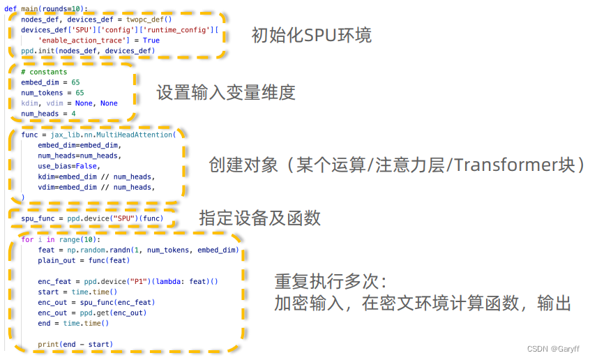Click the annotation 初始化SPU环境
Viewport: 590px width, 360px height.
[312, 36]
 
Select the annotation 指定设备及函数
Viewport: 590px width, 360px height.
[260, 218]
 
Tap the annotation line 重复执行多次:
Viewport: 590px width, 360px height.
[331, 281]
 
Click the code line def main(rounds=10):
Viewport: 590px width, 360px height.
[46, 9]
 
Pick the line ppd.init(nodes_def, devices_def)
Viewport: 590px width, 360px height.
[88, 51]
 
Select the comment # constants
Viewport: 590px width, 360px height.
[44, 72]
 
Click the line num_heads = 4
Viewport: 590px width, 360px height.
[48, 114]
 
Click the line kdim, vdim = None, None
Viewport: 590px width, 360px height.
[69, 103]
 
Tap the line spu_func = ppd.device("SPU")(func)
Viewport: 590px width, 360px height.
[92, 218]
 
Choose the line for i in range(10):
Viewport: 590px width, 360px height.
[60, 239]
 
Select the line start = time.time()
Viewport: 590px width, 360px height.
[77, 292]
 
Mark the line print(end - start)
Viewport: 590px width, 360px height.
[75, 344]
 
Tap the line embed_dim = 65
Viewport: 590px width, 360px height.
[50, 82]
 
